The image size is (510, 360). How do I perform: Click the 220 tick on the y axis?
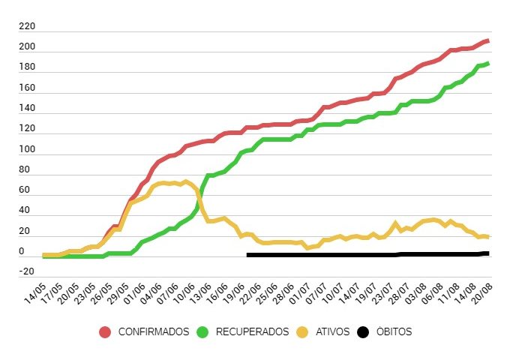(27, 26)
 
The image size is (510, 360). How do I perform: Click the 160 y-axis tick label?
(27, 88)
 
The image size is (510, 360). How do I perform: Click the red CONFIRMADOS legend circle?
(105, 331)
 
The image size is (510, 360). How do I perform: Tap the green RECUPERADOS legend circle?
(202, 331)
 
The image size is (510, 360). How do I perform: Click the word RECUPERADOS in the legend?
(252, 331)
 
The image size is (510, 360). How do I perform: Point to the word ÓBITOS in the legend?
(394, 331)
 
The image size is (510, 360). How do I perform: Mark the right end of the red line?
(488, 40)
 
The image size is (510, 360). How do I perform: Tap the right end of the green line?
(488, 64)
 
